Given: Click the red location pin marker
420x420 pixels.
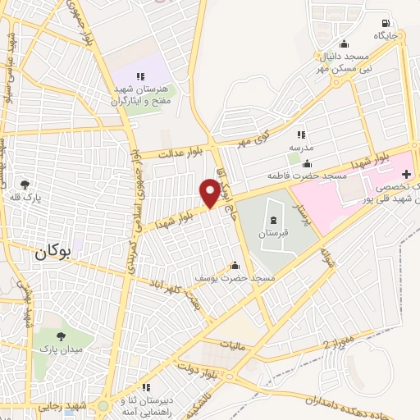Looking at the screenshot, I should (x=210, y=192).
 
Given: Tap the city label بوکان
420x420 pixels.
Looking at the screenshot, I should (x=55, y=253).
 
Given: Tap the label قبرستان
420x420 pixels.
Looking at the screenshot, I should (x=271, y=234).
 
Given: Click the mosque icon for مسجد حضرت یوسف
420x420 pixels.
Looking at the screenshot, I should (x=236, y=265).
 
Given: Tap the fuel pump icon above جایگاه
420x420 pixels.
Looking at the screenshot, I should (x=386, y=23).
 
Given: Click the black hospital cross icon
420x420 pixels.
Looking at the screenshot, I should (x=406, y=175).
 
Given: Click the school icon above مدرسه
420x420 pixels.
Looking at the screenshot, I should (x=301, y=135).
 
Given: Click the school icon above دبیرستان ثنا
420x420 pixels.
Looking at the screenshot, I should (x=146, y=387).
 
